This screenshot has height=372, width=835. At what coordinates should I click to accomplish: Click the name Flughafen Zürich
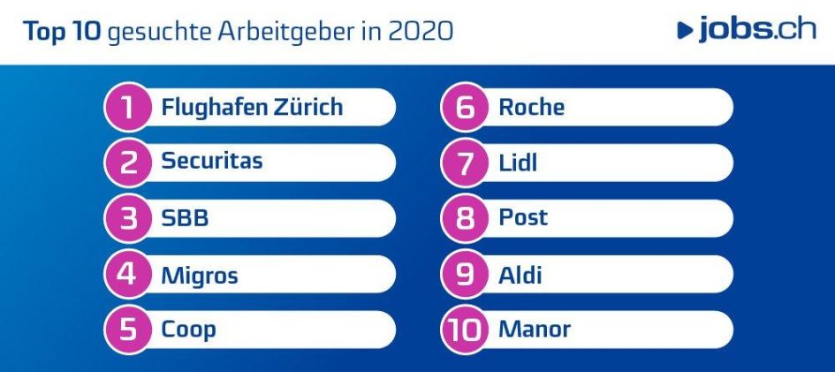(x=251, y=108)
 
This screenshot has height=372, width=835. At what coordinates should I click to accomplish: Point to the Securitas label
(x=211, y=162)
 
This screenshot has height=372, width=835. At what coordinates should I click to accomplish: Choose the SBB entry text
(x=185, y=218)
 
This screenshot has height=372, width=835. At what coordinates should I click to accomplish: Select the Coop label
(x=188, y=330)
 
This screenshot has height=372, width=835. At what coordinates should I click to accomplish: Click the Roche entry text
(x=531, y=108)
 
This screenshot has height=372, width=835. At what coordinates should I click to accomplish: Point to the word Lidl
(x=518, y=163)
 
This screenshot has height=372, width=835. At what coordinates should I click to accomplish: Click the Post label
(x=523, y=217)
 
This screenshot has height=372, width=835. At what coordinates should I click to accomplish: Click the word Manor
(x=535, y=330)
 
